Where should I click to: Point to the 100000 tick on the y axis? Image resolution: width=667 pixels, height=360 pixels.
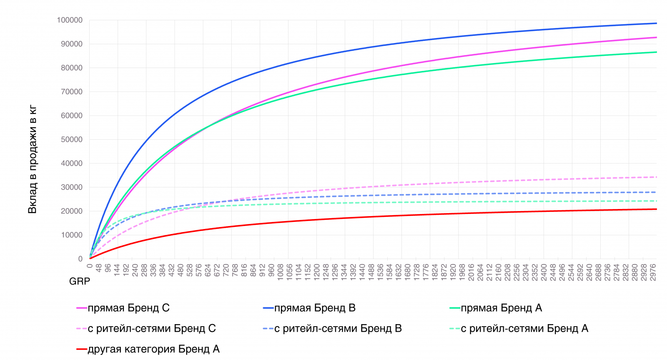[70, 20]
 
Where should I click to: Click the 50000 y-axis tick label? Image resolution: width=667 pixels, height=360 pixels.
[72, 139]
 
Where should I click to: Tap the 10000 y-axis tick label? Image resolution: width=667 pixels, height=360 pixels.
[72, 235]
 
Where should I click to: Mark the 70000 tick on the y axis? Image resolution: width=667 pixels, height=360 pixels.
[72, 92]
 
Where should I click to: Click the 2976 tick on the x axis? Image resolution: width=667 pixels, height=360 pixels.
[653, 272]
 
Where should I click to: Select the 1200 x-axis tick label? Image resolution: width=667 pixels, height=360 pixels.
[317, 272]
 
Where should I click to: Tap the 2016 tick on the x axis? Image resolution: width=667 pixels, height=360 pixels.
[471, 272]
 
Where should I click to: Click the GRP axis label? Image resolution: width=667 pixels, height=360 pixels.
[80, 281]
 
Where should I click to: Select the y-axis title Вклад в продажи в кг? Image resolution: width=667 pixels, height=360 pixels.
[33, 159]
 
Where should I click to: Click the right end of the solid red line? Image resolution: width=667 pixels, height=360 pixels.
[657, 209]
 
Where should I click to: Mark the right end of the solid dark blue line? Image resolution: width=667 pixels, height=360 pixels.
[657, 23]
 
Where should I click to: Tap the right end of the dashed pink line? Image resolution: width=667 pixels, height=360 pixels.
[657, 177]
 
